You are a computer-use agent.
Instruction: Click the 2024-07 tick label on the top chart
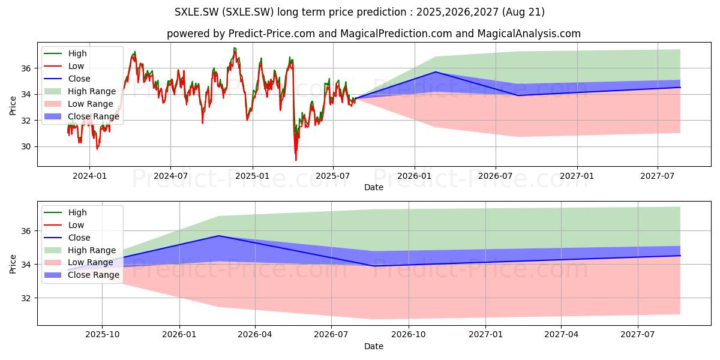click(x=170, y=176)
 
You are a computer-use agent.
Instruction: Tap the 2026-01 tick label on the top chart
click(x=415, y=176)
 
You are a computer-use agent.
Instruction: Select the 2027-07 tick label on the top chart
click(x=658, y=176)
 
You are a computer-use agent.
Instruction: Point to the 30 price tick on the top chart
click(x=26, y=147)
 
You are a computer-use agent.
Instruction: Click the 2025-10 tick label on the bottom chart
click(x=102, y=335)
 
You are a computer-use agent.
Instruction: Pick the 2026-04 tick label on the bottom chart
click(x=255, y=335)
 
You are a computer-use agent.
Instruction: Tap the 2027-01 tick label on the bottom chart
click(x=485, y=335)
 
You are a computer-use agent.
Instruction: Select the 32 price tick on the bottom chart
click(x=26, y=298)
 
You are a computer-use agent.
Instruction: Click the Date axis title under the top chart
click(x=373, y=187)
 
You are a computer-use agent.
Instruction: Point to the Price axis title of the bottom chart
click(x=13, y=264)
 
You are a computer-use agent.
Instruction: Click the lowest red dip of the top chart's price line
click(x=296, y=160)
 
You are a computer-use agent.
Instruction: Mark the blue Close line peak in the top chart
click(x=436, y=71)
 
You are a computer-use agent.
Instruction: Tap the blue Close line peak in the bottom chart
click(x=219, y=236)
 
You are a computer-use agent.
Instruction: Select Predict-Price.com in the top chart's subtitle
click(x=272, y=34)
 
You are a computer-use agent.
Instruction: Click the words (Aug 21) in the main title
click(x=523, y=12)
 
